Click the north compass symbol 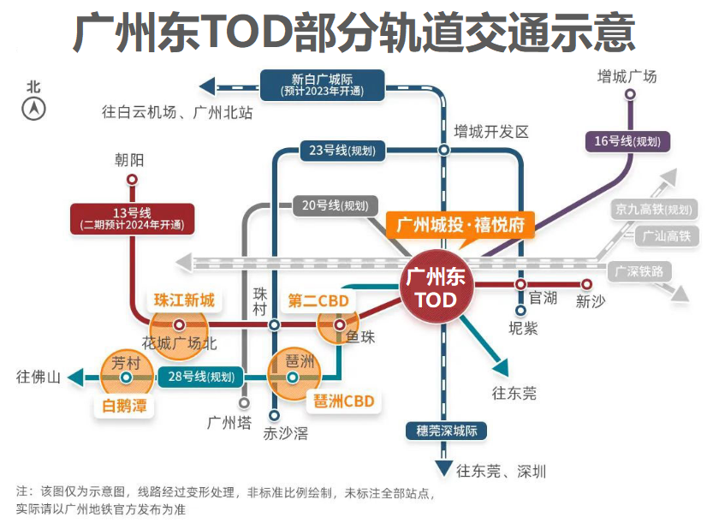pyautogui.click(x=34, y=109)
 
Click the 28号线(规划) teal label pyautogui.click(x=200, y=377)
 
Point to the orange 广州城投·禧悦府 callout pyautogui.click(x=460, y=225)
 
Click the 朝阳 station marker pyautogui.click(x=132, y=180)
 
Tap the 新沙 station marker pyautogui.click(x=587, y=284)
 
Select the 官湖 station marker pyautogui.click(x=520, y=284)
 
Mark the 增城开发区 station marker pyautogui.click(x=444, y=150)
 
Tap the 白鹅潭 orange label pyautogui.click(x=123, y=406)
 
